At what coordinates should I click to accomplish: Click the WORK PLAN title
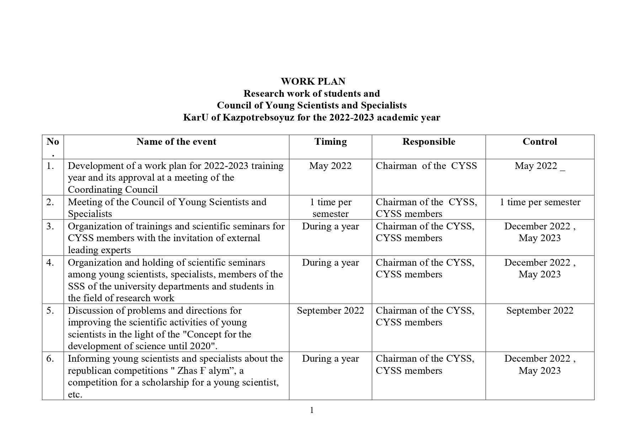coord(313,81)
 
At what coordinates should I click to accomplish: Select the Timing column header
coord(330,142)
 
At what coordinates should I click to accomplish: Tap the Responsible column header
coord(428,142)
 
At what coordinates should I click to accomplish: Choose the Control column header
coord(539,142)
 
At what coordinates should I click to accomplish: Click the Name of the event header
coord(176,142)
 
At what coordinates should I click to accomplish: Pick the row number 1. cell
coord(50,166)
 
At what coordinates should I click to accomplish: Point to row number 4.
coord(50,262)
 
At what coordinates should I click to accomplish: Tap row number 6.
coord(50,358)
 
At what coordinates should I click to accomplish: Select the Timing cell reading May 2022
coord(330,166)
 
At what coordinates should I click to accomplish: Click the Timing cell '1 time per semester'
coord(330,208)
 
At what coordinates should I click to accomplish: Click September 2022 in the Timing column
coord(330,310)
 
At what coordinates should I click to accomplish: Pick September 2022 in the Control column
coord(539,310)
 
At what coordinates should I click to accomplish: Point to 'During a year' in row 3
coord(330,226)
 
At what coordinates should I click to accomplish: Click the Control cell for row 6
coord(539,365)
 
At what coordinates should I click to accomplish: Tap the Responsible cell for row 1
coord(426,166)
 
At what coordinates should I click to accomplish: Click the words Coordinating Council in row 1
coord(113,190)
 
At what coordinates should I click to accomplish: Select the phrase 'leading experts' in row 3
coord(99,250)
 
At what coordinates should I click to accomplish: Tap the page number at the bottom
coord(312,410)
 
